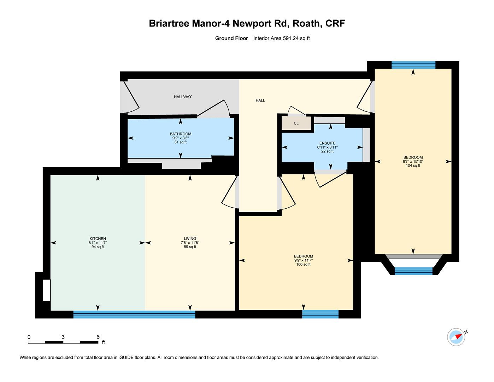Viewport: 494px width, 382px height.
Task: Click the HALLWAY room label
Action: (183, 97)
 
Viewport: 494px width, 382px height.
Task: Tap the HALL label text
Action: (260, 100)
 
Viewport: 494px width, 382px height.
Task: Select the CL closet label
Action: (296, 123)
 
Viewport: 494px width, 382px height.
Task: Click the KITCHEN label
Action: (98, 239)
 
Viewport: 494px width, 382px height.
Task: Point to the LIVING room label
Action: (190, 239)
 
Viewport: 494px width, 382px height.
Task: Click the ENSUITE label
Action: (327, 143)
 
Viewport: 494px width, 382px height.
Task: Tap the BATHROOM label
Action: (181, 134)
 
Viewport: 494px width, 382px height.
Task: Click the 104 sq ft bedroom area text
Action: (413, 166)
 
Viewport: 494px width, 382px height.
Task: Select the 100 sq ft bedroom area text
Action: (303, 264)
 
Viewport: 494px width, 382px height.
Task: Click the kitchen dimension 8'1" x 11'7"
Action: (98, 243)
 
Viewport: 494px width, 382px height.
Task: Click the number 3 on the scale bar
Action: (63, 337)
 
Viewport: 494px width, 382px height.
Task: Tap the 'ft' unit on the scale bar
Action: (104, 342)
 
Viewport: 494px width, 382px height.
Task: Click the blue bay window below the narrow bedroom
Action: (413, 271)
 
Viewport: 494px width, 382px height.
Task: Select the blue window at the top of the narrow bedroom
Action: (413, 65)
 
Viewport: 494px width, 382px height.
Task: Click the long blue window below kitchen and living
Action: (134, 314)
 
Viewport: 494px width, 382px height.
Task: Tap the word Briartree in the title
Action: (169, 23)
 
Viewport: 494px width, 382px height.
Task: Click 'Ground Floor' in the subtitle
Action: (231, 38)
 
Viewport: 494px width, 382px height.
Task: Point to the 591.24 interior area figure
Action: (290, 38)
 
